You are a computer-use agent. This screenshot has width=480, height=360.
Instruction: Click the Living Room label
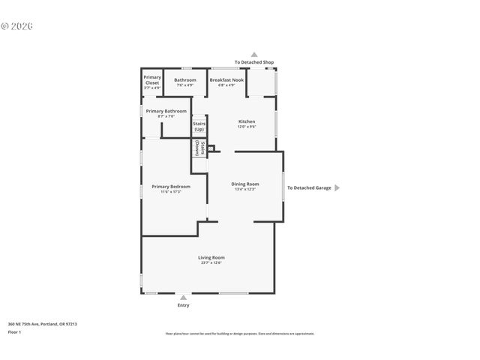[x=211, y=257]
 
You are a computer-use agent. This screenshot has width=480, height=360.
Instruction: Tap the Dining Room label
[x=244, y=184]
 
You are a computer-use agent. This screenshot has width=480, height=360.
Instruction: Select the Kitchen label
[x=247, y=121]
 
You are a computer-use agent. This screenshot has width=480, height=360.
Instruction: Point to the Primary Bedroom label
[x=171, y=187]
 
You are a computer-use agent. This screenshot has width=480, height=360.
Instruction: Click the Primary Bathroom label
[x=166, y=111]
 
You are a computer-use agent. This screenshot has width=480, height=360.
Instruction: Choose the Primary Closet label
[x=152, y=79]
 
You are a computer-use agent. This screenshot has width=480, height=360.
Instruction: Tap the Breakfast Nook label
[x=226, y=79]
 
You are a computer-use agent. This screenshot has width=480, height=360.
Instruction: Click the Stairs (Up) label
[x=199, y=127]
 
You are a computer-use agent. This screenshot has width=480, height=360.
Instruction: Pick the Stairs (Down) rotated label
[x=199, y=148]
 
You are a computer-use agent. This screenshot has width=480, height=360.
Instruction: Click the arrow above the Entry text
[x=183, y=298]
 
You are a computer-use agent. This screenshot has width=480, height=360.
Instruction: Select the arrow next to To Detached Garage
[x=337, y=187]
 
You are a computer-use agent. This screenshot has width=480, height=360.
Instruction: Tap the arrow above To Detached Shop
[x=254, y=55]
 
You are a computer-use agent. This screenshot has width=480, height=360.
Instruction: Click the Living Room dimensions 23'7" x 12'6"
[x=211, y=263]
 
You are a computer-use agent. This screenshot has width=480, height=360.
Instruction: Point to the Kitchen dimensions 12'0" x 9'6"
[x=247, y=127]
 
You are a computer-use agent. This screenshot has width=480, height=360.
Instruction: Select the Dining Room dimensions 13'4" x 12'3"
[x=244, y=189]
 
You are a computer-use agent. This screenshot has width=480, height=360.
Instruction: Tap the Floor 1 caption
[x=14, y=331]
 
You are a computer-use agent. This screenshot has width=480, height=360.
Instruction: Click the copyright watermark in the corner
[x=16, y=26]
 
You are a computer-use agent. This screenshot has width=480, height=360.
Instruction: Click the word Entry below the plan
[x=183, y=305]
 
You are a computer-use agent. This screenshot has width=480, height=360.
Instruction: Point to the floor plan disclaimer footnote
[x=239, y=334]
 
